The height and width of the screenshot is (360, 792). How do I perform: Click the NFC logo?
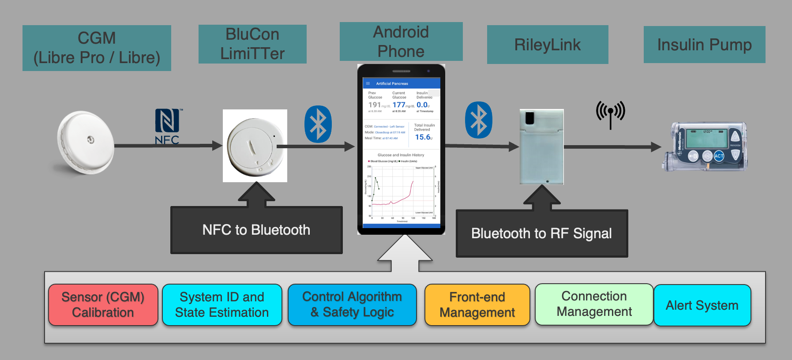tap(167, 126)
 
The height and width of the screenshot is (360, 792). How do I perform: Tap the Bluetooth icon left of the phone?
tap(318, 124)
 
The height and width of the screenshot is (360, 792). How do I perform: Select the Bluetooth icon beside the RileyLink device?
tap(479, 120)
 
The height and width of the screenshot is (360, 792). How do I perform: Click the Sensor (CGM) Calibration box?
tap(103, 305)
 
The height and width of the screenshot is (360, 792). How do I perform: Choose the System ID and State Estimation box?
tap(222, 305)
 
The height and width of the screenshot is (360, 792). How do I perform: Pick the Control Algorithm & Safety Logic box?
tap(352, 304)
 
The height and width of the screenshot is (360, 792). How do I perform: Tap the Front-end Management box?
tap(477, 305)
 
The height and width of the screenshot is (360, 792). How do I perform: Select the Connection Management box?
tap(594, 304)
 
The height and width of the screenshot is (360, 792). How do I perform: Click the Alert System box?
tap(702, 305)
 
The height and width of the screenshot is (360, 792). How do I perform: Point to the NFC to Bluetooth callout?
tap(256, 230)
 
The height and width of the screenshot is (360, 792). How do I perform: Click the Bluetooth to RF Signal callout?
tap(541, 233)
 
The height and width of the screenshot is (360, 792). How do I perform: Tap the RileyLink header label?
tap(548, 45)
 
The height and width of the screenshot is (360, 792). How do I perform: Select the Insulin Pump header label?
tap(704, 45)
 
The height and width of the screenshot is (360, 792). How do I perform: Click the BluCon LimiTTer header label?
tap(252, 44)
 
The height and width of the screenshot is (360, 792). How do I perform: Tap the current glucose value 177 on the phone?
tap(399, 105)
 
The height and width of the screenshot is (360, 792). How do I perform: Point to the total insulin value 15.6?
tap(423, 137)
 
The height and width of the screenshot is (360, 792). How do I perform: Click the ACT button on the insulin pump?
tap(719, 156)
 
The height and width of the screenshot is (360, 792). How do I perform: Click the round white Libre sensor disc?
tap(86, 142)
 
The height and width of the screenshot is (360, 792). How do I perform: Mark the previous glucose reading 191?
tap(375, 105)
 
